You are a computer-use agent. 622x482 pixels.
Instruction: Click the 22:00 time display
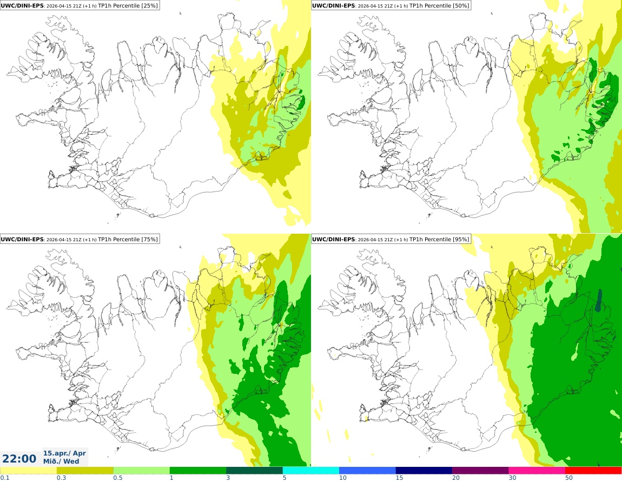click(19, 459)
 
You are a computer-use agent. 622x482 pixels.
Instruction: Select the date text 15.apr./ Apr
click(64, 453)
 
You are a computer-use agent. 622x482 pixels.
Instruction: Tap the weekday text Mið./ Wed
click(61, 461)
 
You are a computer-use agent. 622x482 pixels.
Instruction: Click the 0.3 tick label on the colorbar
click(61, 478)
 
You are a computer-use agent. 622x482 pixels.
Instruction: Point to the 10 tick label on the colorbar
click(343, 478)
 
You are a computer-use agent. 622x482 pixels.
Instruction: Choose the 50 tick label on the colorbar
click(569, 478)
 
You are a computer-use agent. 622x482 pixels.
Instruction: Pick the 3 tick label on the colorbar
click(228, 478)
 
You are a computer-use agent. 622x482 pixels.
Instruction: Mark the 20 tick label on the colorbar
click(456, 478)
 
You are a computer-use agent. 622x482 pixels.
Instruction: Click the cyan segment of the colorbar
click(311, 471)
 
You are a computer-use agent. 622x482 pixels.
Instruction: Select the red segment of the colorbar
click(593, 471)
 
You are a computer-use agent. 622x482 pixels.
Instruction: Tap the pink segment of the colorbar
click(537, 471)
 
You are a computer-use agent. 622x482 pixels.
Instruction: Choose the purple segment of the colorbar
click(480, 471)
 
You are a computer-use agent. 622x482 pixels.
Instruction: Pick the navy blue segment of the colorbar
click(424, 471)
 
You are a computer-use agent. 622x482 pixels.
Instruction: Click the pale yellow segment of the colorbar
click(28, 471)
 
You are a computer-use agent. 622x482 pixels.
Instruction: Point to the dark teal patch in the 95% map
click(599, 300)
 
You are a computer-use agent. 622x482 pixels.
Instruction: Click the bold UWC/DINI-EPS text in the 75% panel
click(22, 239)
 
